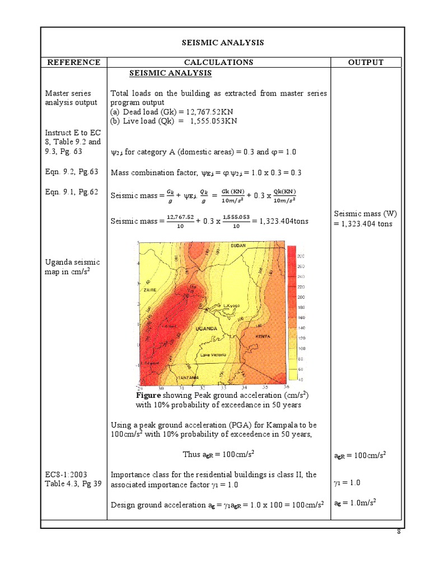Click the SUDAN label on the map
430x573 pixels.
[238, 246]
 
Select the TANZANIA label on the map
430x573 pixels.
[187, 378]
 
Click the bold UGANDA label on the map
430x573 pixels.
[205, 329]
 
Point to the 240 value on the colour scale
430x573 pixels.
[300, 277]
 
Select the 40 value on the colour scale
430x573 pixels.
[300, 379]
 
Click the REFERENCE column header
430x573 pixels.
[73, 62]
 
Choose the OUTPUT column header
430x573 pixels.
[366, 62]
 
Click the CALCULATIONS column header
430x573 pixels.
[218, 62]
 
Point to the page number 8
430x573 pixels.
[399, 532]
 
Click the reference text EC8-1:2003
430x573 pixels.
[66, 475]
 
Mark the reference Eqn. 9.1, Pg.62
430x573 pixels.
[72, 192]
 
